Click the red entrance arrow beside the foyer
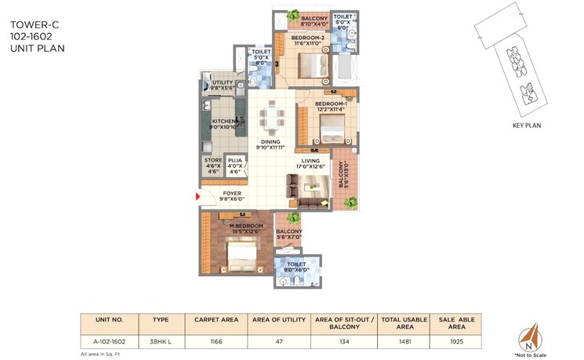[198, 197]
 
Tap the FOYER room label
[232, 193]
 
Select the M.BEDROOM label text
[234, 226]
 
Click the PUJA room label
[235, 160]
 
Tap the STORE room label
[213, 160]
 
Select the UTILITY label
[223, 82]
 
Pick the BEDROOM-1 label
[330, 104]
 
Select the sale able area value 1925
[457, 341]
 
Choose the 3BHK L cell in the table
[160, 341]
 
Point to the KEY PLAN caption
[527, 125]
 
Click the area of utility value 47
[271, 341]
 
